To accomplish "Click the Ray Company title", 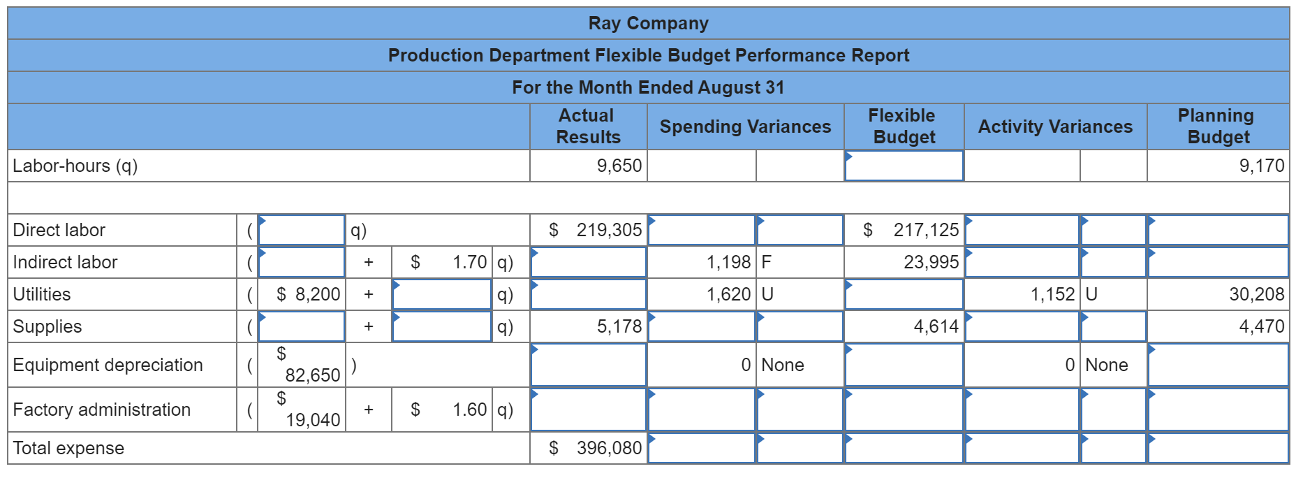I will point(648,23).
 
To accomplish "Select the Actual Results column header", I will point(588,126).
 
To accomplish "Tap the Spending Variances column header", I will point(745,126).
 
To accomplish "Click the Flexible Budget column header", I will point(904,126).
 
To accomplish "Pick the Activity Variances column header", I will point(1055,126).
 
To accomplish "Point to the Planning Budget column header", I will point(1217,126).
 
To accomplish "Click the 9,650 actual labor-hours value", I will point(619,166).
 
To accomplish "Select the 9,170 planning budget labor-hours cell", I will point(1261,166).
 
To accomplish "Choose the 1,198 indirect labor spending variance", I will point(728,262).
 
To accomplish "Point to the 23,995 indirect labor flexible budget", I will point(931,262).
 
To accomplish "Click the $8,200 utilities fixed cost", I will point(308,294).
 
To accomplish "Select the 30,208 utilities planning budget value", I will point(1256,294).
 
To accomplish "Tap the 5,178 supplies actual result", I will point(619,326).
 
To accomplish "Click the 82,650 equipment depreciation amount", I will point(312,375).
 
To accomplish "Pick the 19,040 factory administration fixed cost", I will point(312,419).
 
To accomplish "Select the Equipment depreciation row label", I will point(108,365).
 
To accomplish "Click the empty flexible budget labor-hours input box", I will point(904,166).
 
